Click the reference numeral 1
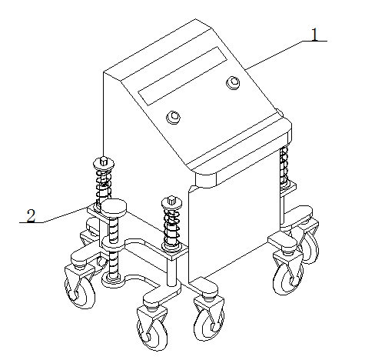click(x=315, y=35)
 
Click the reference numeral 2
click(x=31, y=216)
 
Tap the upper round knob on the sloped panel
click(x=233, y=82)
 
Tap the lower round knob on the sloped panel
click(x=174, y=118)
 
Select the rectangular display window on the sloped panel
click(x=183, y=76)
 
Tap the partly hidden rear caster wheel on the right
click(x=310, y=247)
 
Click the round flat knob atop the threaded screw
click(x=114, y=206)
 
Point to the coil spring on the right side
click(x=284, y=166)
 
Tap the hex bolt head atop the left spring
click(x=103, y=161)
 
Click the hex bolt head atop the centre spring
click(x=171, y=200)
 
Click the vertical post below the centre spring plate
click(x=171, y=272)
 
